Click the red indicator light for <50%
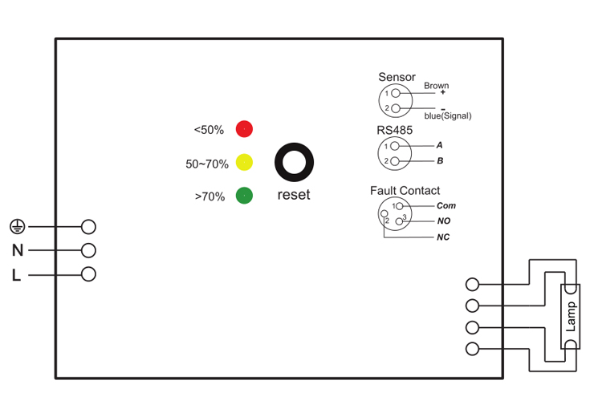coord(244,128)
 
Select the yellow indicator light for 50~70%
coord(244,162)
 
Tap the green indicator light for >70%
coord(244,195)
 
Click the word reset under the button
coord(293,195)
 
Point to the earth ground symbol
coord(17,227)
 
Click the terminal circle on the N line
coord(89,250)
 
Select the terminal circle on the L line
coord(89,274)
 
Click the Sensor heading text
coord(397,78)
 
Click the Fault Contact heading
coord(405,191)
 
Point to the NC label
coord(443,238)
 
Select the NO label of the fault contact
coord(444,221)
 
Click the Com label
coord(446,206)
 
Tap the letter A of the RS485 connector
coord(440,146)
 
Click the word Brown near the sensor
coord(437,85)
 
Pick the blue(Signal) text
coord(448,115)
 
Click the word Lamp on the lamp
coord(571,318)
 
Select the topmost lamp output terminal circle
coord(473,284)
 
